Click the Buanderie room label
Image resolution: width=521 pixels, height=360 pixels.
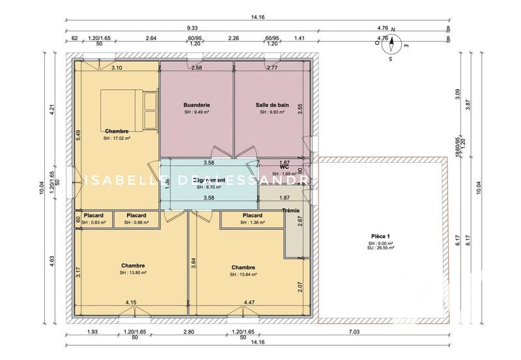point(197,105)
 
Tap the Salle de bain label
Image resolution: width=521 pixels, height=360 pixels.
point(272,105)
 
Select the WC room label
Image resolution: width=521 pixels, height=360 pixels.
point(284,167)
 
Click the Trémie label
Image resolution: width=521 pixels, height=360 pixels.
point(291,210)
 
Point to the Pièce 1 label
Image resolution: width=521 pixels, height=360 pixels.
point(379,236)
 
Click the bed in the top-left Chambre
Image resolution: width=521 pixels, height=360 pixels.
point(129,109)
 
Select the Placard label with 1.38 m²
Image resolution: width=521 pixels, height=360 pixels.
point(252,215)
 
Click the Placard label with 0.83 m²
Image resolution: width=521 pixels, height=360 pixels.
point(93,215)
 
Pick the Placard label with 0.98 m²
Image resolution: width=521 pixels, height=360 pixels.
point(136,215)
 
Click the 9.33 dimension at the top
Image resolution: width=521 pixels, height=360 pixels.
point(192,28)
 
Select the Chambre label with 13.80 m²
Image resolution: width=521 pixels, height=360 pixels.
point(133,266)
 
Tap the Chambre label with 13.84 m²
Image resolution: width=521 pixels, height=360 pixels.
point(242,268)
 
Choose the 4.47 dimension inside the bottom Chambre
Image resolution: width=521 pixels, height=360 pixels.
point(249,302)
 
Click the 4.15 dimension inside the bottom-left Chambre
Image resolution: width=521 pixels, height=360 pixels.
point(131,302)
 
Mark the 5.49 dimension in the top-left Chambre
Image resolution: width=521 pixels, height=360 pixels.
point(78,135)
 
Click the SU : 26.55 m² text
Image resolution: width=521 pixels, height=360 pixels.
point(380,248)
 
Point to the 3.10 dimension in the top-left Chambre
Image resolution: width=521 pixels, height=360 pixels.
point(117,68)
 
